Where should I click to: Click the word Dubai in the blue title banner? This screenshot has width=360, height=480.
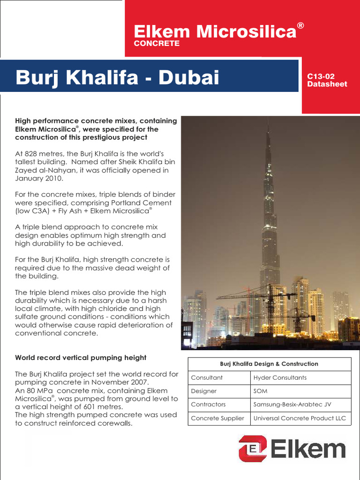coord(189,77)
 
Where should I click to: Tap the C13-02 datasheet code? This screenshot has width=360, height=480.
coord(321,76)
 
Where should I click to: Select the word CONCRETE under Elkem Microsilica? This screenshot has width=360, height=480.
coord(157,44)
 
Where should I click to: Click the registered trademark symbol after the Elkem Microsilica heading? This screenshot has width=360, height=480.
coord(300,26)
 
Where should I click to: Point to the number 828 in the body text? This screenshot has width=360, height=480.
coord(32,154)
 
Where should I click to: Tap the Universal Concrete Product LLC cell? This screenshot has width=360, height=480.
coord(300,418)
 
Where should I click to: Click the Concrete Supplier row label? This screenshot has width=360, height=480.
coord(217,418)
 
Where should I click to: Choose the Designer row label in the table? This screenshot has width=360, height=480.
coord(204,391)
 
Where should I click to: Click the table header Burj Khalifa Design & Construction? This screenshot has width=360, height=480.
coord(269,364)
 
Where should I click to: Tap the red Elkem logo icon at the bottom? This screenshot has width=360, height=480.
coord(252,449)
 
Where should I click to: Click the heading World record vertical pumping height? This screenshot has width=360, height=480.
coord(81,358)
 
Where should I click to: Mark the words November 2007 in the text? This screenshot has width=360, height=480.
coord(122,382)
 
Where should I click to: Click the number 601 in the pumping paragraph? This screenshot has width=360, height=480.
coord(91,407)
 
